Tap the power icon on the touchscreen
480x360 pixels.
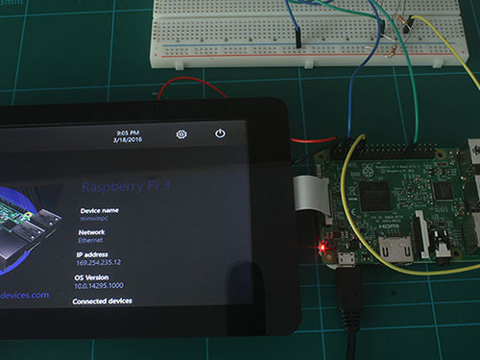[220, 134]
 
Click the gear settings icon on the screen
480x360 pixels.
[181, 134]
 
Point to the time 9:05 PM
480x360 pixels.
[129, 132]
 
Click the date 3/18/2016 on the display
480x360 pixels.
[128, 140]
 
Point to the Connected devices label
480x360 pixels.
[104, 300]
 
